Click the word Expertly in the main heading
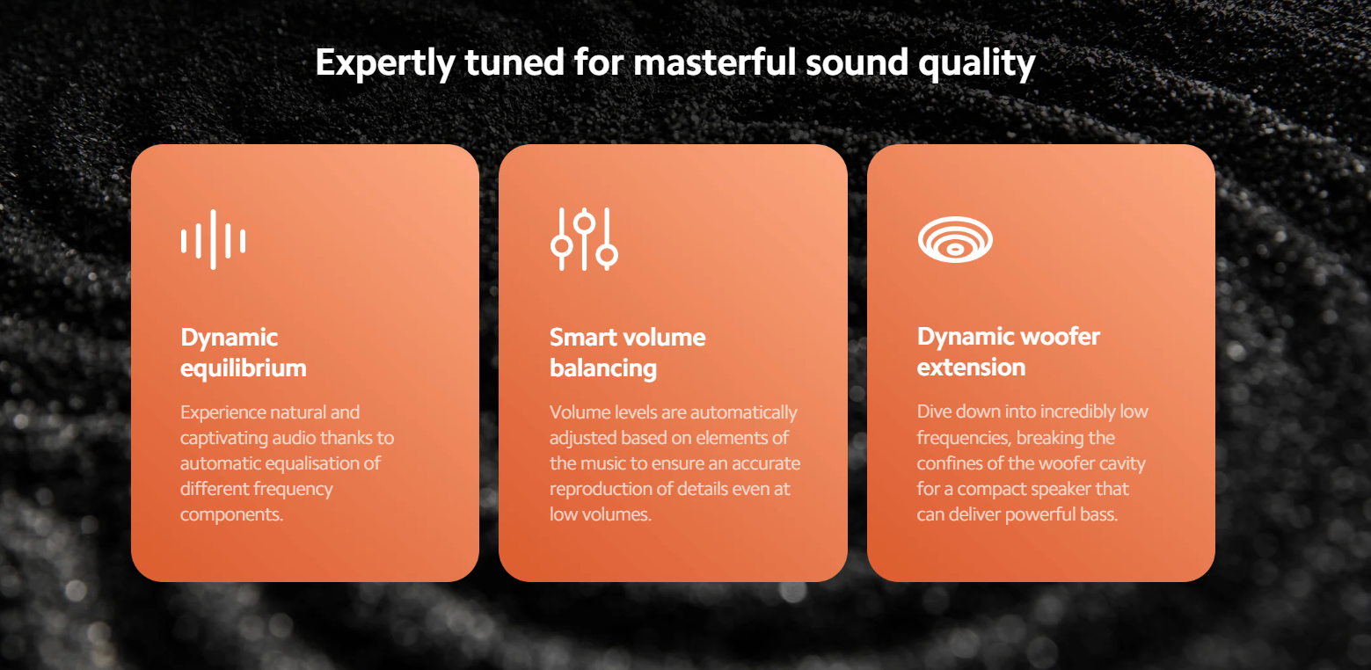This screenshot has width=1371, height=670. coord(385,63)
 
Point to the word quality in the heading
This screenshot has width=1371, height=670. coord(977,63)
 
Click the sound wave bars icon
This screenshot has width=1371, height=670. coord(213,240)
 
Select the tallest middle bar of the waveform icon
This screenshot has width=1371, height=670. coord(213,240)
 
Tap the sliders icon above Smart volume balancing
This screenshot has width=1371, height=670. coord(584,239)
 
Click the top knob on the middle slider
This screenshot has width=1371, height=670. coord(585,223)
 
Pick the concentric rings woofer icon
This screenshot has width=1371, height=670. coord(955,239)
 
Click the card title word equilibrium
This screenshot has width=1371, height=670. coord(243,369)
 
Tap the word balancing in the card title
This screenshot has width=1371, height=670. coord(603,369)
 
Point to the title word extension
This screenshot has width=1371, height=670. coord(971,368)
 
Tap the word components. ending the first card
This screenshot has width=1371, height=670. coord(231,514)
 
